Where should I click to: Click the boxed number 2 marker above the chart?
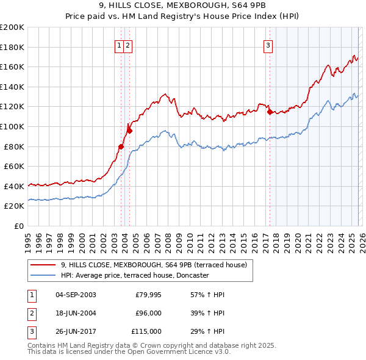(x=128, y=45)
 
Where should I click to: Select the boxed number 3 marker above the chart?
(x=268, y=45)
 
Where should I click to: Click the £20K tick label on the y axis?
(x=15, y=206)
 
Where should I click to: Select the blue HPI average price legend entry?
(x=135, y=275)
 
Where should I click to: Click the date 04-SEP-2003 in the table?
(x=76, y=295)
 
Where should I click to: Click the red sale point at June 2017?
(x=269, y=112)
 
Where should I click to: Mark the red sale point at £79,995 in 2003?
(x=121, y=146)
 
